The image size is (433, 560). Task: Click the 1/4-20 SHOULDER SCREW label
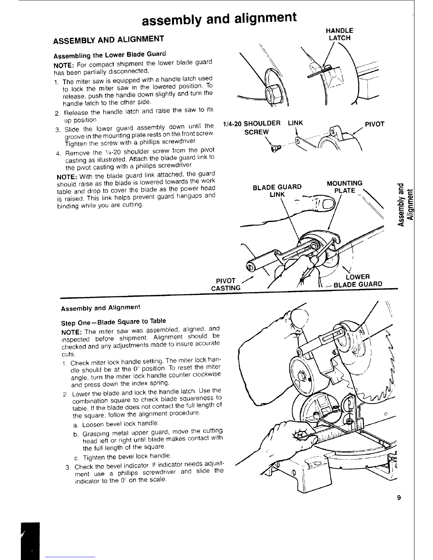(252, 127)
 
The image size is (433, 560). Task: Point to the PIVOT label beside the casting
(374, 124)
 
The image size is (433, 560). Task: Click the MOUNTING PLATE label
(345, 187)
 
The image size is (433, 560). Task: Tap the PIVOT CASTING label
(225, 285)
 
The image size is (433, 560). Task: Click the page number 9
(399, 498)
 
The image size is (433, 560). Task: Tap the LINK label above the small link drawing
(296, 123)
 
